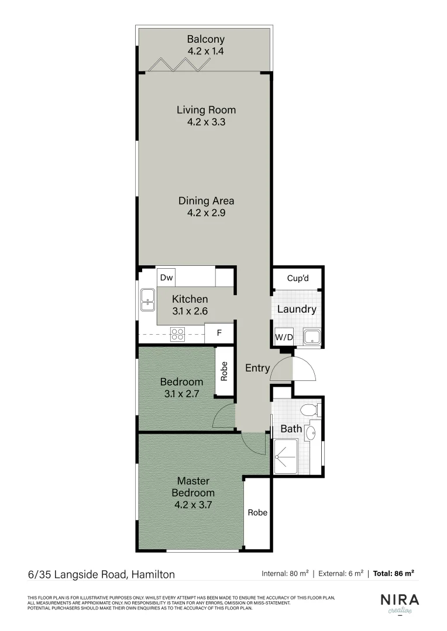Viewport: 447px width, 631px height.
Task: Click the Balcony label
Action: [x=205, y=40]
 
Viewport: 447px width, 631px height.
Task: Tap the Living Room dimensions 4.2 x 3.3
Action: [x=206, y=123]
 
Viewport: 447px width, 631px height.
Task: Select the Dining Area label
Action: [x=206, y=201]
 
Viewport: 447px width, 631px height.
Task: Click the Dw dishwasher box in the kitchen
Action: [x=166, y=278]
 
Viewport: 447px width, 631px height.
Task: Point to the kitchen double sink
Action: [x=146, y=299]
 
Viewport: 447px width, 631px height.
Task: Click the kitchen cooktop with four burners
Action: [x=177, y=334]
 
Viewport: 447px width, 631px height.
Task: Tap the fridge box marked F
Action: [x=219, y=334]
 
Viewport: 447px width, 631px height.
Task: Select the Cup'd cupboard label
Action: [x=297, y=279]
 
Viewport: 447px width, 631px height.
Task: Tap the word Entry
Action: [x=257, y=368]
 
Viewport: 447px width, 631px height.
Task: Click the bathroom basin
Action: [x=311, y=434]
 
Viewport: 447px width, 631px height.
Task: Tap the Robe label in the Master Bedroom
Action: [x=257, y=512]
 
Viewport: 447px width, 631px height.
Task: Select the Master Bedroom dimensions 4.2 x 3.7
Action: [x=193, y=504]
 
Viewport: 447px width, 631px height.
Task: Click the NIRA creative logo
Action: [x=400, y=602]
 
